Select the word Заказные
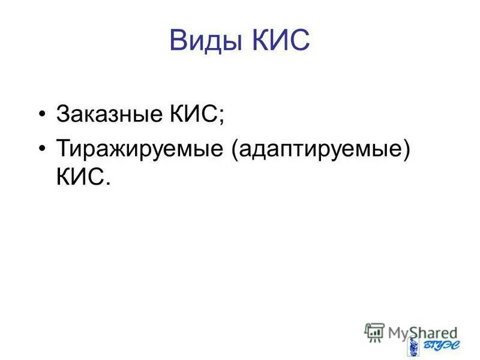coord(109,113)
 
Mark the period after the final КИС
coord(109,182)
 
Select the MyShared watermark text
coord(421,332)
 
